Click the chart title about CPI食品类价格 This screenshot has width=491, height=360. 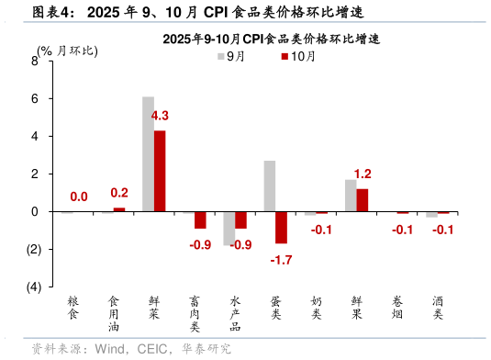tap(271, 39)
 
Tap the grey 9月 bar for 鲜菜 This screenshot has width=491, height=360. tap(148, 154)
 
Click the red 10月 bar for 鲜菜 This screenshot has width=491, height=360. tap(160, 171)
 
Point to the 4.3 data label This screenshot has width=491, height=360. tap(160, 116)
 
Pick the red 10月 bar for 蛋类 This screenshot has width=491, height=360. tap(282, 228)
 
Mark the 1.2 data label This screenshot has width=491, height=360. tap(363, 174)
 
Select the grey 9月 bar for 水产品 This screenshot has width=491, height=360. tap(229, 229)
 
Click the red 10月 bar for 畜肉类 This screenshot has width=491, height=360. tap(200, 220)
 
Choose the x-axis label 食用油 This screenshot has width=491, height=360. tap(114, 313)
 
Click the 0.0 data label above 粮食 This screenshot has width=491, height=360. tap(79, 197)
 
